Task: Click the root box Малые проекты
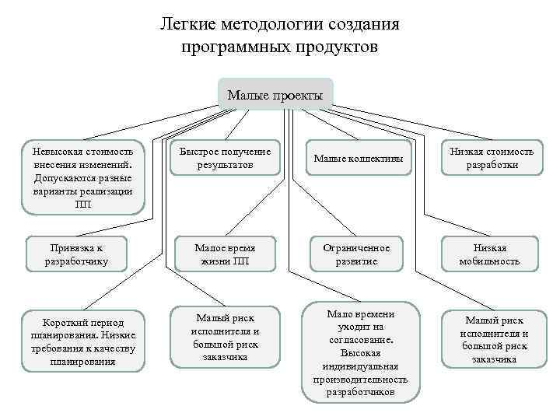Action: pyautogui.click(x=275, y=96)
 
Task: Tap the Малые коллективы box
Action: pyautogui.click(x=358, y=159)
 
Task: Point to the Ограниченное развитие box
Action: pyautogui.click(x=357, y=254)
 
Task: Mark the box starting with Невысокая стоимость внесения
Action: pyautogui.click(x=82, y=177)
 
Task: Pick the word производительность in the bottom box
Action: pyautogui.click(x=360, y=379)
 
